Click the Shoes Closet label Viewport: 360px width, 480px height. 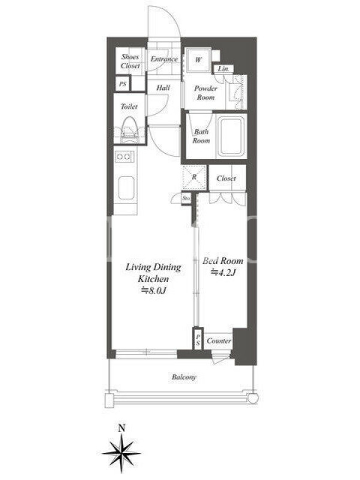[x=130, y=61]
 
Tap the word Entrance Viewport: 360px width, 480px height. [x=164, y=59]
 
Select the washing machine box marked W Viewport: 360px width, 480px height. [x=198, y=59]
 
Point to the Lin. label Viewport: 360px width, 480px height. [x=223, y=69]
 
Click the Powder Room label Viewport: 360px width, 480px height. [x=205, y=93]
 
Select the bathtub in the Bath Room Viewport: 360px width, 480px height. [x=230, y=136]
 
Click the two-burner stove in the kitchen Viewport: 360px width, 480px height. [x=124, y=157]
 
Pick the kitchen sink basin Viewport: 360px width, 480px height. [x=126, y=188]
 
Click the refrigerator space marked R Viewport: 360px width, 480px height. [x=194, y=178]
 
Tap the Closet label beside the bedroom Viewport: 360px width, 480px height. [x=226, y=178]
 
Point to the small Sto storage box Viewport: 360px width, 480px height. [x=186, y=199]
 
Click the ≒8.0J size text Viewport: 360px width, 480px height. [x=153, y=290]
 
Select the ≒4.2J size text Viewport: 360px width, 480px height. [x=223, y=272]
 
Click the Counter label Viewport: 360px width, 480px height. [x=218, y=341]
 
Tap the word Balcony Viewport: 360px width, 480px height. [x=184, y=377]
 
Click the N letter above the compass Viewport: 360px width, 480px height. [x=122, y=428]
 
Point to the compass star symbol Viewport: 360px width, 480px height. [x=122, y=452]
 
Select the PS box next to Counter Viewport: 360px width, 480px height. [x=198, y=339]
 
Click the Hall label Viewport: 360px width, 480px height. [x=163, y=88]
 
